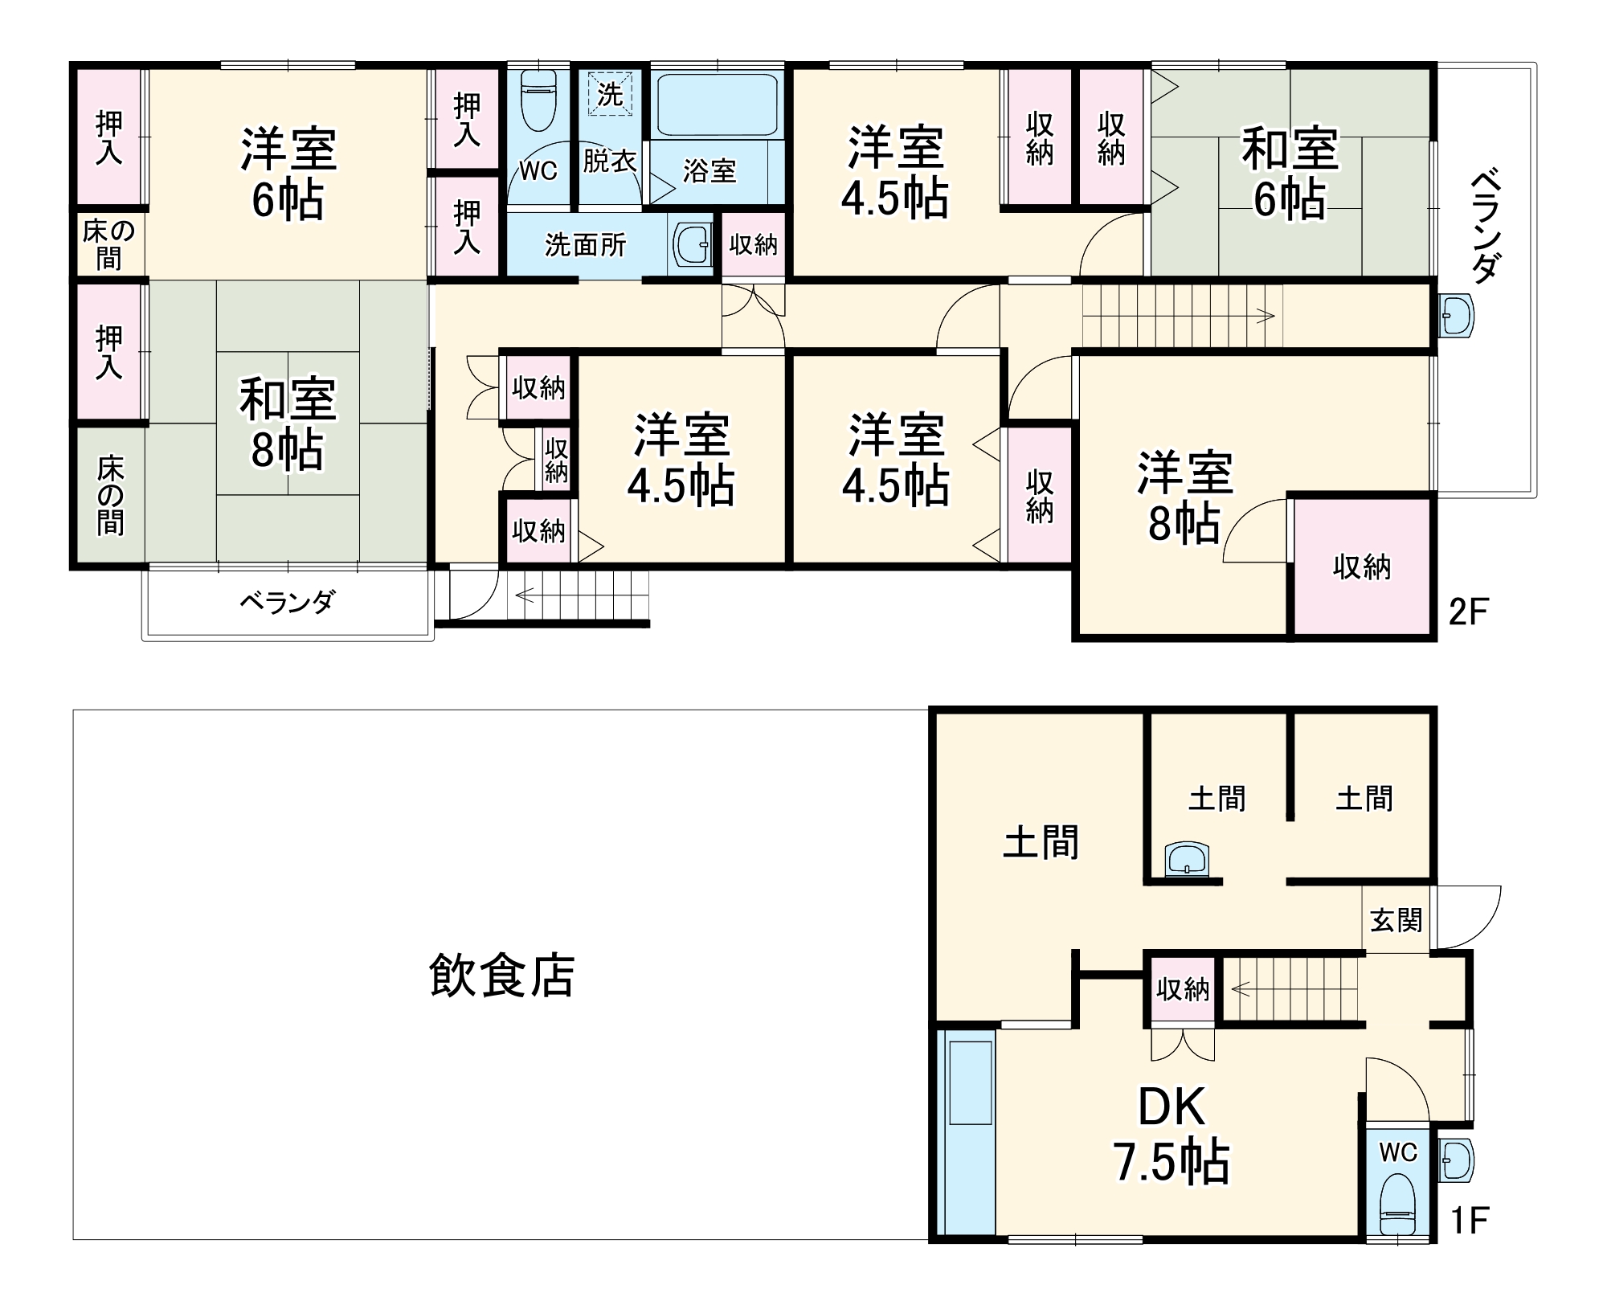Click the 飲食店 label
[x=501, y=976]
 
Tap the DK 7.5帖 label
[x=1171, y=1134]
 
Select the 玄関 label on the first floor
[x=1396, y=921]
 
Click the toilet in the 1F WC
[x=1397, y=1206]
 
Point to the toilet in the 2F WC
[x=538, y=100]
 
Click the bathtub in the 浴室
[x=717, y=104]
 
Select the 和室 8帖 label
[x=287, y=423]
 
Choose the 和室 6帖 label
[x=1290, y=173]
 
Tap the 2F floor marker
[x=1468, y=613]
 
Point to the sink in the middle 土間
[x=1187, y=859]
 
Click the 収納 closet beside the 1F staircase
[x=1183, y=990]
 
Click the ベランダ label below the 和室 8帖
[x=287, y=601]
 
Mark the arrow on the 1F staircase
[x=1241, y=988]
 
